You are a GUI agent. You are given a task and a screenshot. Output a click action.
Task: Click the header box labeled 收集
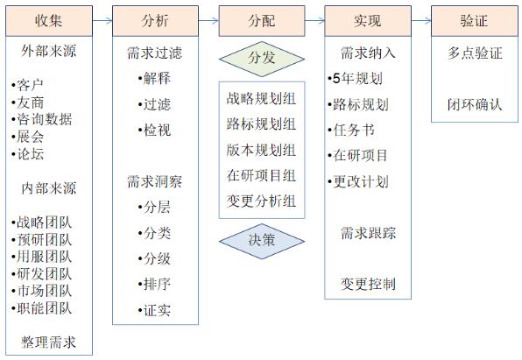point(49,21)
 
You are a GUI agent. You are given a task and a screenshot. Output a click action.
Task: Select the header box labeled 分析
point(156,21)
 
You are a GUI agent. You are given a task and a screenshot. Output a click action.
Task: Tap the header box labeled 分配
point(262,21)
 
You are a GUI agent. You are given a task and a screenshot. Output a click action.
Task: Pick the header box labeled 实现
point(368,21)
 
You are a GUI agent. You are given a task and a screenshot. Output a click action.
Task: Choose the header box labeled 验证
point(475,21)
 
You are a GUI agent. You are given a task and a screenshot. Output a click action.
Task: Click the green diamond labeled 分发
point(262,59)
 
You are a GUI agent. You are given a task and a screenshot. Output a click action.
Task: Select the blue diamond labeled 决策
point(262,241)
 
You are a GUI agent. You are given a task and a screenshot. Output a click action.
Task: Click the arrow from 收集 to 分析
point(102,21)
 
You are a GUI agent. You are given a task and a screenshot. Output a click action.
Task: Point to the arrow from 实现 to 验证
point(421,21)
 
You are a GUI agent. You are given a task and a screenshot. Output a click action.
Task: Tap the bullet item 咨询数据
point(42,119)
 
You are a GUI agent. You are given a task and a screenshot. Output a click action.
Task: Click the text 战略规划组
point(261,99)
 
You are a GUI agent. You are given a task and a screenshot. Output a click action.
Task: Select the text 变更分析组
point(261,201)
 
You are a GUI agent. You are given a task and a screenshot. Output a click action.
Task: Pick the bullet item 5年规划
point(355,79)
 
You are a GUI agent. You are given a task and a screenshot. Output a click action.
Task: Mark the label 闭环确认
point(475,104)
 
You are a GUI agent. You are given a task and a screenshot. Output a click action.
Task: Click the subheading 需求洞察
point(155,182)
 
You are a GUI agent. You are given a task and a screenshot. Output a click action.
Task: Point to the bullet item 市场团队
point(42,291)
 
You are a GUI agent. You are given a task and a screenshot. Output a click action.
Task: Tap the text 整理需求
point(48,342)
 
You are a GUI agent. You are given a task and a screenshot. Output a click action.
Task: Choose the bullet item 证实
point(154,310)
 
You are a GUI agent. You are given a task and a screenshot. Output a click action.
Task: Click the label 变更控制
point(368,284)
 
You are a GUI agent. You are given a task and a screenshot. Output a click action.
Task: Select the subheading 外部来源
point(48,52)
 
